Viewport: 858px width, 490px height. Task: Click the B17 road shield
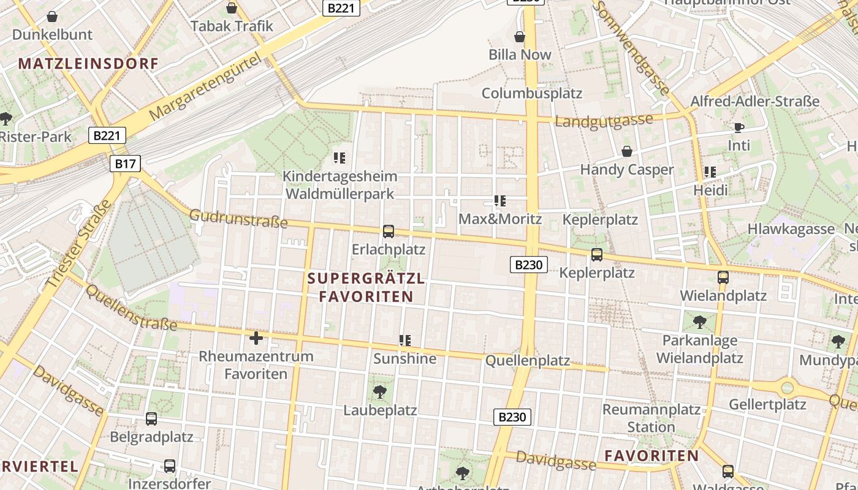[x=125, y=164]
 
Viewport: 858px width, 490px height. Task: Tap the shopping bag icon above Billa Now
[x=520, y=37]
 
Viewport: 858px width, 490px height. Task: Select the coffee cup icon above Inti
[x=739, y=127]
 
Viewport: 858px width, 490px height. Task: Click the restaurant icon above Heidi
[x=710, y=172]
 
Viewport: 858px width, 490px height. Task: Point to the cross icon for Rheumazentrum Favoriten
[x=256, y=337]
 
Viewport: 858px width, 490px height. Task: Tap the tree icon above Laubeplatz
[x=380, y=391]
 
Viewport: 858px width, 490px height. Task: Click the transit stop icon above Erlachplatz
[x=388, y=232]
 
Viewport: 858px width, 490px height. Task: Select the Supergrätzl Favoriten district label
[x=366, y=287]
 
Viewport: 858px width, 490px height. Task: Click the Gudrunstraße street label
[x=238, y=218]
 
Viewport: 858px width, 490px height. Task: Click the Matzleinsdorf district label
[x=88, y=63]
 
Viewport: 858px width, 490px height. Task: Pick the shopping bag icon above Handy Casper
[x=627, y=151]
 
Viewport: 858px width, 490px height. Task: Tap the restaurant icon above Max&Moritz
[x=500, y=201]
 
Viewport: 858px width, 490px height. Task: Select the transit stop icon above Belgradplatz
[x=151, y=419]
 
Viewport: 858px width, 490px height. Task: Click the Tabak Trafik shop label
[x=232, y=26]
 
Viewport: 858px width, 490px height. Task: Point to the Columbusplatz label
[x=532, y=93]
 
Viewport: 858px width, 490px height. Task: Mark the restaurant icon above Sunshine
[x=404, y=340]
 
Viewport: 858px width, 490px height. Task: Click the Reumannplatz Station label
[x=651, y=418]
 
